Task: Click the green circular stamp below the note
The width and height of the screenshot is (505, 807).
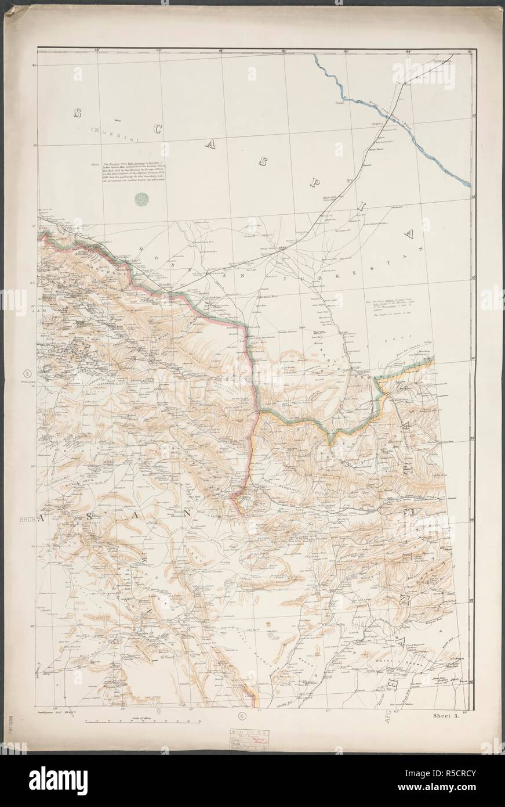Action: coord(140,200)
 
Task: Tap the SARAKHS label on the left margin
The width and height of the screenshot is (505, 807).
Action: coord(28,383)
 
